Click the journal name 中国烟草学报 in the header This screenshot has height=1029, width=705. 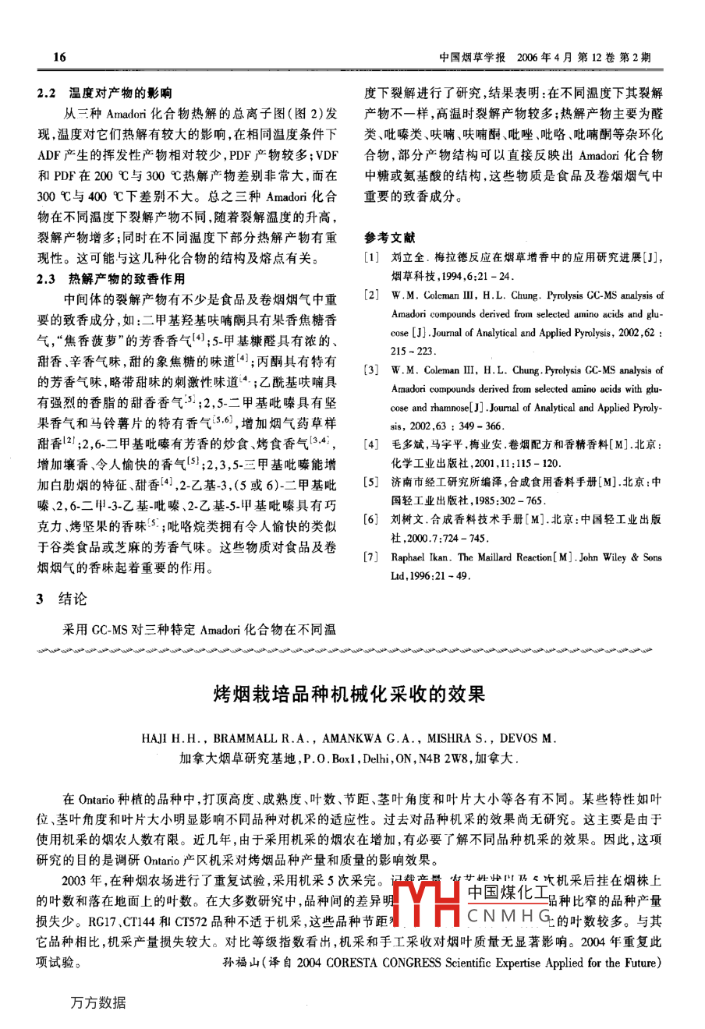[x=473, y=58]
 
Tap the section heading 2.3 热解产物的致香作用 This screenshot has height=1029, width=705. [x=115, y=278]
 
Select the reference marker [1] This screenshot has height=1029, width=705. [x=372, y=257]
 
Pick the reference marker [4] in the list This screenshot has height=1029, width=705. [x=372, y=444]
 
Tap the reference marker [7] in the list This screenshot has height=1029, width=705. [x=372, y=557]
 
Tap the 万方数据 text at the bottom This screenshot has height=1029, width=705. [x=97, y=1002]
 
